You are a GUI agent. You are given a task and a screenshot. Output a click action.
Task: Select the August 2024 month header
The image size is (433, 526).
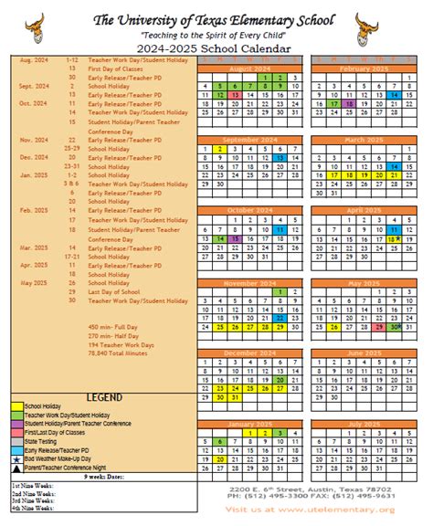pos(250,68)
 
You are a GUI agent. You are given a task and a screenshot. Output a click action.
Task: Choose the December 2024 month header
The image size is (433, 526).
pos(250,352)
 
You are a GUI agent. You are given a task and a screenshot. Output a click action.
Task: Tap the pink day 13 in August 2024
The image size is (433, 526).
pos(235,95)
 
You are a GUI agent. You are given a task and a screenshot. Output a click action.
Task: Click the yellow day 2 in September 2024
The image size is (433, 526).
pos(219,149)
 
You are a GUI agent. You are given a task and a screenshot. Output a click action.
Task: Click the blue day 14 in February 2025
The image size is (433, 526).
pos(393,95)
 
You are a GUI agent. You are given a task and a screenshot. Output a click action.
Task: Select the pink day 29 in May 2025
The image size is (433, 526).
pos(377,327)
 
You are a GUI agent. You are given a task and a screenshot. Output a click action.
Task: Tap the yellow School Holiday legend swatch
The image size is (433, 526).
pos(16,406)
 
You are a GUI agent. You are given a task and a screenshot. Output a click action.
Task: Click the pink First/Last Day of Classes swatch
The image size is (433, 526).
pos(16,433)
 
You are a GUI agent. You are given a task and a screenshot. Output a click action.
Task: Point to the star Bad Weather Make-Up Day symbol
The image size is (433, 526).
pos(16,458)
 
